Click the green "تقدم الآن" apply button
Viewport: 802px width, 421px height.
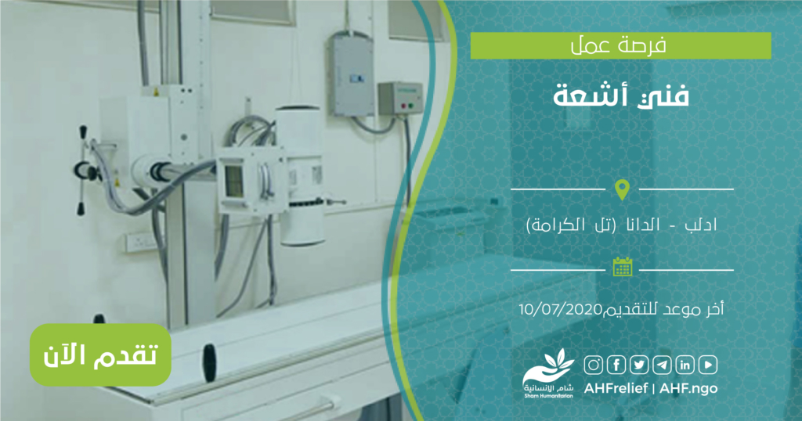[100, 354]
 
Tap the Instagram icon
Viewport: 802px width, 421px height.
[594, 365]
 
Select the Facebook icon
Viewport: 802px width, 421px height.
[616, 365]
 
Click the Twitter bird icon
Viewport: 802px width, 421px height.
[639, 365]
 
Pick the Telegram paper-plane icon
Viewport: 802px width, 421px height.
[662, 365]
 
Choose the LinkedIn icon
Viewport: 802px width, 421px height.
[685, 365]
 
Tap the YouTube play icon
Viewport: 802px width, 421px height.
[708, 365]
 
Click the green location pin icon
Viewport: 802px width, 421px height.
[622, 189]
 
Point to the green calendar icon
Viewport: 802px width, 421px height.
[623, 267]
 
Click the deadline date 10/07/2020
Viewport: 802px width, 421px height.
[561, 309]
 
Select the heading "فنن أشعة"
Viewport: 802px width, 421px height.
[621, 96]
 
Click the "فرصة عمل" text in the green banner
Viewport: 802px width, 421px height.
[619, 46]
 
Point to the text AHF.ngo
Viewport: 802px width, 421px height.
[688, 388]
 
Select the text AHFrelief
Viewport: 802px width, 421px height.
[616, 388]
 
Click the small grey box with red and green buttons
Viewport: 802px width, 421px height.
[400, 99]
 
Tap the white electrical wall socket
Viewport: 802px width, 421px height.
[141, 242]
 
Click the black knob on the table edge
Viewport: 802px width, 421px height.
[209, 362]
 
